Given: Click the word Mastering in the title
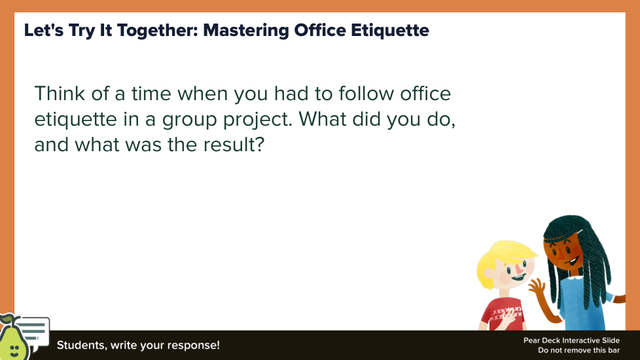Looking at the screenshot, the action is (x=245, y=31).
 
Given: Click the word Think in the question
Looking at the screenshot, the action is (x=60, y=94).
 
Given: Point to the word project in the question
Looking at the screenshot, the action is (x=258, y=120).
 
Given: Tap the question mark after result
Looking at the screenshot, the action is (x=260, y=145).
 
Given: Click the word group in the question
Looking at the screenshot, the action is (x=189, y=120).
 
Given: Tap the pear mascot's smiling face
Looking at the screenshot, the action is (x=14, y=350).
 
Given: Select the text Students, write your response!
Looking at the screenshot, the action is (x=138, y=346).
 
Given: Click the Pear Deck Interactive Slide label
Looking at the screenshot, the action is (x=571, y=340).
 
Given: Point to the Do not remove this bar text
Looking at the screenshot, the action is (x=578, y=350).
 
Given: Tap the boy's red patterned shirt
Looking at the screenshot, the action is (x=503, y=315).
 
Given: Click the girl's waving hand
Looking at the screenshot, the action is (x=537, y=287).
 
